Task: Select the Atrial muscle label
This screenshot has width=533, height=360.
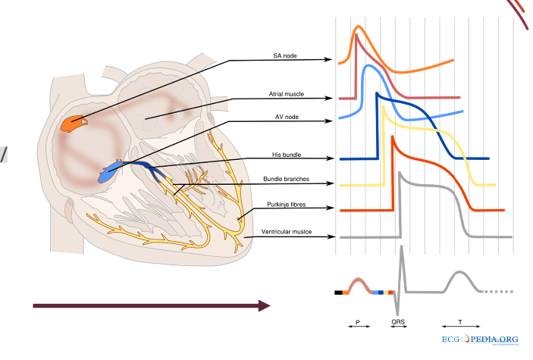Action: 287,95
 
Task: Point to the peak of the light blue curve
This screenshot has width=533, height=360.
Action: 369,67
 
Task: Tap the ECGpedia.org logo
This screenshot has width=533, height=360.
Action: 479,340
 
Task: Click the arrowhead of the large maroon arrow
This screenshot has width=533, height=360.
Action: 264,305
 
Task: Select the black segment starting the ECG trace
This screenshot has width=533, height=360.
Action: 338,292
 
